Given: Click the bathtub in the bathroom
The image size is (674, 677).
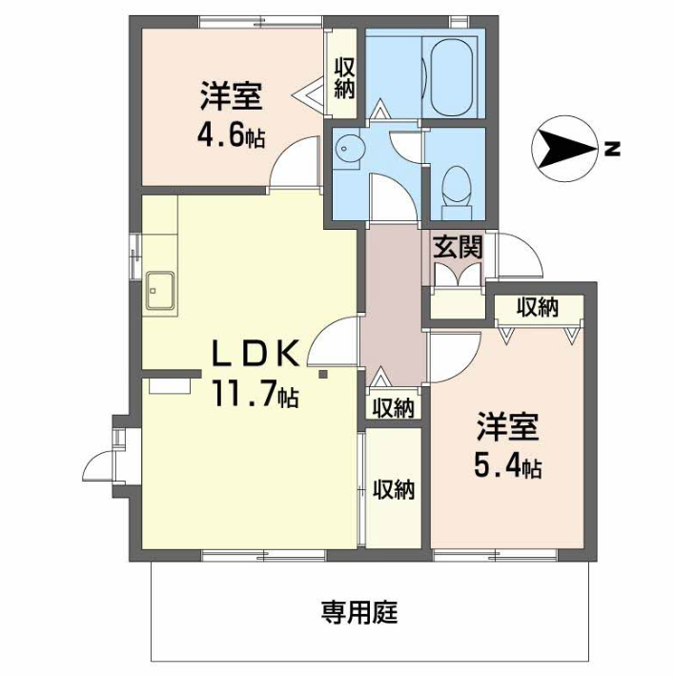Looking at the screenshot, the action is [452, 78].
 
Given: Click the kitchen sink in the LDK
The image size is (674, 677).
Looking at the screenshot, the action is [160, 290].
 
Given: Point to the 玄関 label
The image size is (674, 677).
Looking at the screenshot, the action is [458, 248].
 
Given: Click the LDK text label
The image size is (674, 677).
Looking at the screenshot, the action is [255, 353].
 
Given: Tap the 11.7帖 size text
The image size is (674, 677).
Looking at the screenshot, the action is [255, 395].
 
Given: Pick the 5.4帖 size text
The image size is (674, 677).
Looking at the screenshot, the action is [508, 465].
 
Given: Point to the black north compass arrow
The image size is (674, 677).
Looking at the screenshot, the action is [564, 149].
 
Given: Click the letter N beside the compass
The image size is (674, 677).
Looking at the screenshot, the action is [613, 149].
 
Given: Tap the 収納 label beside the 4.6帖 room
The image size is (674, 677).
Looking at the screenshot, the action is [344, 78].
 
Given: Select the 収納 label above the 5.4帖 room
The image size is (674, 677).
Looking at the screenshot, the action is [538, 307].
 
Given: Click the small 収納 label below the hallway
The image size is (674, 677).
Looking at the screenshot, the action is [394, 407].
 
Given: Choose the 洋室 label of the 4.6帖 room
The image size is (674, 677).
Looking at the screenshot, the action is [231, 96].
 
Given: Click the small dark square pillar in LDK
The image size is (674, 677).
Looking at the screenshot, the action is [322, 375].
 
